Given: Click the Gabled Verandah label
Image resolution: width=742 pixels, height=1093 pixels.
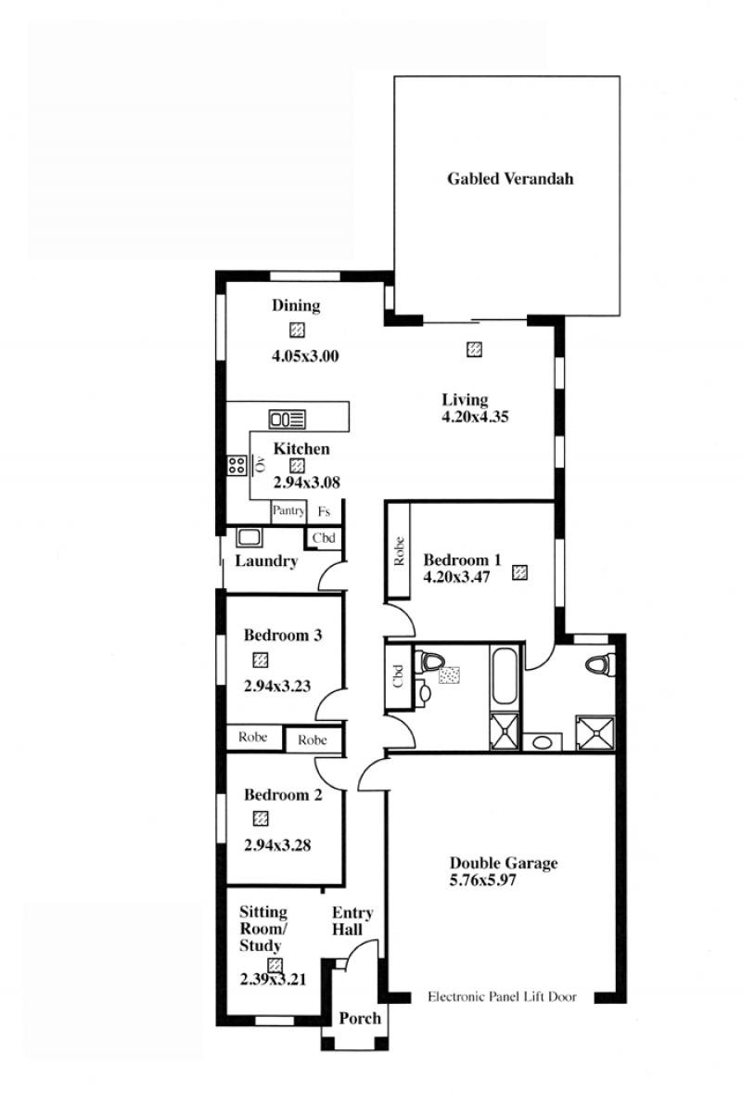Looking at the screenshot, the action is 510,179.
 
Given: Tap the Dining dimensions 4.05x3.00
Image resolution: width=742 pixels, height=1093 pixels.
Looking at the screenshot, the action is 305,356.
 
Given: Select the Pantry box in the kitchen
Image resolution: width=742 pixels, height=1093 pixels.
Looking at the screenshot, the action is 288,511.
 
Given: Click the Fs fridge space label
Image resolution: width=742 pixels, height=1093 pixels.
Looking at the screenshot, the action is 324,511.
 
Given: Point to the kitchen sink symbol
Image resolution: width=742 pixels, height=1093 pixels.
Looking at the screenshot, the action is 287,419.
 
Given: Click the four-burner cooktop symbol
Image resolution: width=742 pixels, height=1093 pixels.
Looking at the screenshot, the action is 237,465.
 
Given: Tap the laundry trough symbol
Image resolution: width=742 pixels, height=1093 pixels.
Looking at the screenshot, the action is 249,537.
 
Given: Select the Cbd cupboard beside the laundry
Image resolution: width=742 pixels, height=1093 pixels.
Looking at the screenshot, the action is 324,538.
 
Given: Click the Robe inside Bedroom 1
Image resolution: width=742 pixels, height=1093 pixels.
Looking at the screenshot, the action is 399,551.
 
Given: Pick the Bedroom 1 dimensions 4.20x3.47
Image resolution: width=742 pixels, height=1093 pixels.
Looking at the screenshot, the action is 456,577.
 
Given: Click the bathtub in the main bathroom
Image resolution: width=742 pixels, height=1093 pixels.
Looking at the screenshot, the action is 505,676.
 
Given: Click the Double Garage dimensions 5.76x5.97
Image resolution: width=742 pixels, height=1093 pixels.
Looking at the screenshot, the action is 483,881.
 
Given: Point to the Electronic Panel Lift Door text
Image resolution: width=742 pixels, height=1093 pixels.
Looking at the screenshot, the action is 502,997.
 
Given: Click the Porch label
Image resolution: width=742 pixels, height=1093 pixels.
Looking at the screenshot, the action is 360,1019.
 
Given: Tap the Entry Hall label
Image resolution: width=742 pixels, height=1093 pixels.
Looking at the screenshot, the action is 352,920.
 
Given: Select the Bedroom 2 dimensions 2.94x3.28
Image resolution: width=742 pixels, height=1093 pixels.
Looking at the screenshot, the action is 277,845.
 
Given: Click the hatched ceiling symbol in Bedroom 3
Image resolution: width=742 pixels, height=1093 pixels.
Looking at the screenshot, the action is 261,660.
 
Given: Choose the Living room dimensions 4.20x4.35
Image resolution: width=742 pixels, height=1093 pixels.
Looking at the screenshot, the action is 475,417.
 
